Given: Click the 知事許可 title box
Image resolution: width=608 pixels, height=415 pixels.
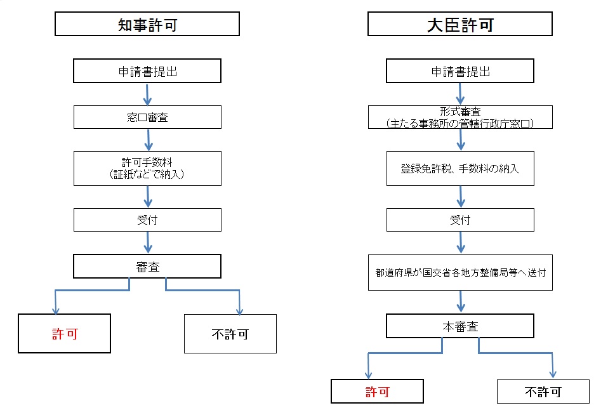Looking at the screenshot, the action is [147, 24].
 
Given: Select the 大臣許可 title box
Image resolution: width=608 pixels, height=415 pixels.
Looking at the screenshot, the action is [460, 24].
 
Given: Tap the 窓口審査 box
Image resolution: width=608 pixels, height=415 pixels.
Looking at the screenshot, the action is [147, 117].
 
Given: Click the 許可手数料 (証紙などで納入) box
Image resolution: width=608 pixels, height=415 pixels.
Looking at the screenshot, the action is [147, 168].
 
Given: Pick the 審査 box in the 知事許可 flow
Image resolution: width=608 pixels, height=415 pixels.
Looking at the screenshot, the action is [147, 266].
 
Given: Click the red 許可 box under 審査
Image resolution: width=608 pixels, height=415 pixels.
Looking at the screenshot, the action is [64, 334].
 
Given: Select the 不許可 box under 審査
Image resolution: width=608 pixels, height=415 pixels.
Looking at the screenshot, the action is [230, 334].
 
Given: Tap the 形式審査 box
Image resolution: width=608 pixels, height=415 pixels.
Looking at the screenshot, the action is [460, 117].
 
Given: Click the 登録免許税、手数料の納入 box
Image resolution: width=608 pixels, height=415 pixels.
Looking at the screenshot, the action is [460, 168].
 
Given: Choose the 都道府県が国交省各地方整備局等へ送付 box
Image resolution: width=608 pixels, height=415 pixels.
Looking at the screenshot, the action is [460, 272].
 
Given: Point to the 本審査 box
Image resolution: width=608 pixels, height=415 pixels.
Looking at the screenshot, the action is [460, 326].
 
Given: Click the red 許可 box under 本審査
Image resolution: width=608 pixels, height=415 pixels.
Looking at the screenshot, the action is [377, 392].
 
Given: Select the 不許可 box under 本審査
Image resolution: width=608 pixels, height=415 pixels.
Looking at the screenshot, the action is [543, 392].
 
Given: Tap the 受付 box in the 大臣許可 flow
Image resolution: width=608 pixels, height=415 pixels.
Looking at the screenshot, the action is [460, 220].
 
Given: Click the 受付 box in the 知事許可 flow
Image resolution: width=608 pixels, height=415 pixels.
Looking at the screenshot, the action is [147, 220].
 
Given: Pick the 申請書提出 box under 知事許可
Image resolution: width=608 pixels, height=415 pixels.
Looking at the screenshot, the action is [147, 70].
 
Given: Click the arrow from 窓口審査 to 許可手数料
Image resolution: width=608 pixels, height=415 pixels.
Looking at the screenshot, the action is [148, 140].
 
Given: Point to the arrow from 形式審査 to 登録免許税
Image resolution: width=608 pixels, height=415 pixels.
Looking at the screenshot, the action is [461, 140].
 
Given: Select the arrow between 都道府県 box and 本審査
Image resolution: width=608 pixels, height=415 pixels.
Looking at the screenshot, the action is [461, 302].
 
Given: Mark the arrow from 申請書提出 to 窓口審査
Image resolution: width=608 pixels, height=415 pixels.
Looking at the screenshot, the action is [147, 95].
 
